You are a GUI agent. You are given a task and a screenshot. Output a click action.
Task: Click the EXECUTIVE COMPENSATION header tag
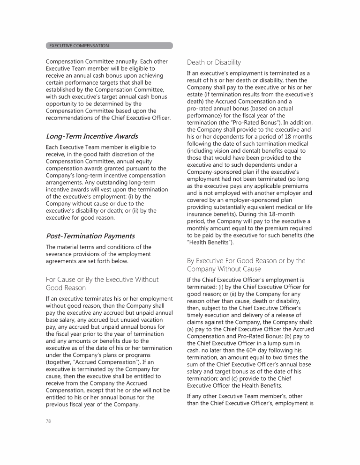pos(78,46)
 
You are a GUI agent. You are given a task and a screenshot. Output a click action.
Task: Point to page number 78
pos(49,421)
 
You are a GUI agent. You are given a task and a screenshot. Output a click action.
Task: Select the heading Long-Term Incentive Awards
pos(92,136)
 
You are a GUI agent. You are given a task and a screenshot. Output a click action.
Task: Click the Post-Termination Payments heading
pos(90,236)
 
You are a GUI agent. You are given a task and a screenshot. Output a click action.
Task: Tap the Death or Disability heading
pos(214,62)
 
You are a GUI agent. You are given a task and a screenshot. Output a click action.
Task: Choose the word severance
pos(60,255)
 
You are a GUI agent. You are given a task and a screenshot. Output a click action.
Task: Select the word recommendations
pos(71,118)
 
